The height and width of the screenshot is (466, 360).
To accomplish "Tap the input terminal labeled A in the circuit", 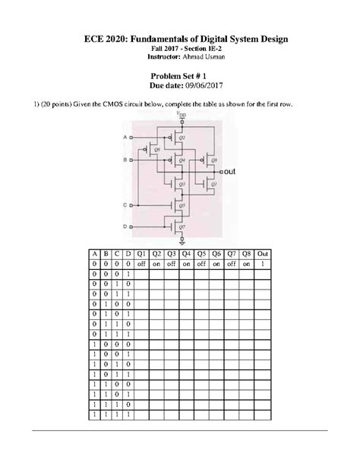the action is (x=131, y=138).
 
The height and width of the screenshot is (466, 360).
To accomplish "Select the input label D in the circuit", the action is (x=131, y=227).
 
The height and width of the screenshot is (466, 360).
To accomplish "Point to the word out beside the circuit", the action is (x=232, y=173).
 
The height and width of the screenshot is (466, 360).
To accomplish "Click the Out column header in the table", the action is (x=262, y=253).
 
